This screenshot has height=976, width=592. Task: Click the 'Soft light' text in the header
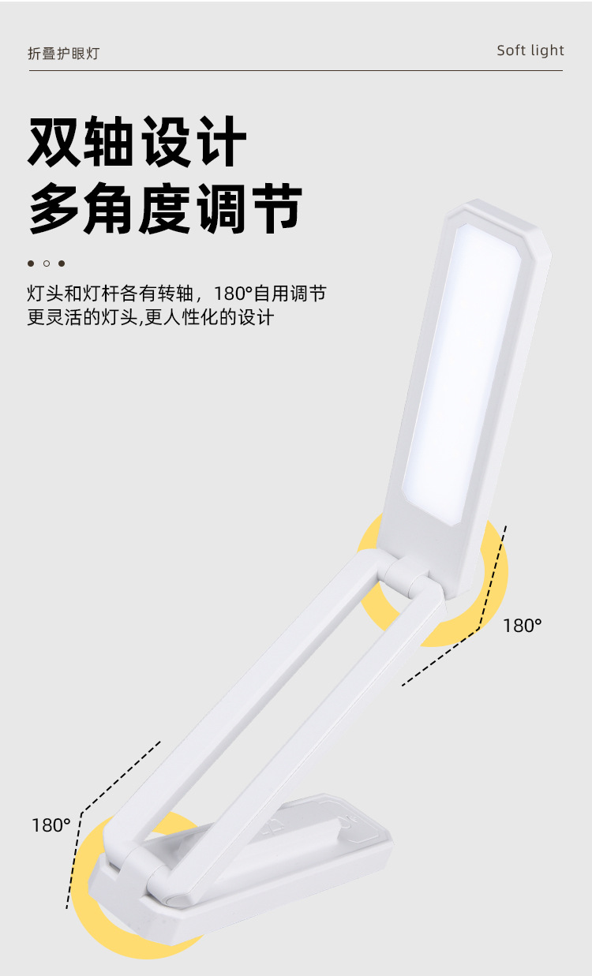pyautogui.click(x=530, y=50)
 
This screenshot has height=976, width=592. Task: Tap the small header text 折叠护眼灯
pyautogui.click(x=63, y=54)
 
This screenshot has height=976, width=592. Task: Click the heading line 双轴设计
pyautogui.click(x=137, y=142)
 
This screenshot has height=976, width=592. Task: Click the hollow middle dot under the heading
pyautogui.click(x=47, y=264)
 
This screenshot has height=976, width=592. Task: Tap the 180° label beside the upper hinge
pyautogui.click(x=523, y=626)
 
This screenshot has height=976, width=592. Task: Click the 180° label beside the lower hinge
pyautogui.click(x=51, y=825)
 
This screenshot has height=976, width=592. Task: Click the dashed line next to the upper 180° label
pyautogui.click(x=466, y=631)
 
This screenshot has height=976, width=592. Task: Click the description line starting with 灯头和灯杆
pyautogui.click(x=176, y=294)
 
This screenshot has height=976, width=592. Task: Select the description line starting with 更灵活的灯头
pyautogui.click(x=150, y=318)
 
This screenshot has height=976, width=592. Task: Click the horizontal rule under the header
pyautogui.click(x=296, y=71)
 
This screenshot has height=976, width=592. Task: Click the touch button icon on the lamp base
pyautogui.click(x=347, y=821)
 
